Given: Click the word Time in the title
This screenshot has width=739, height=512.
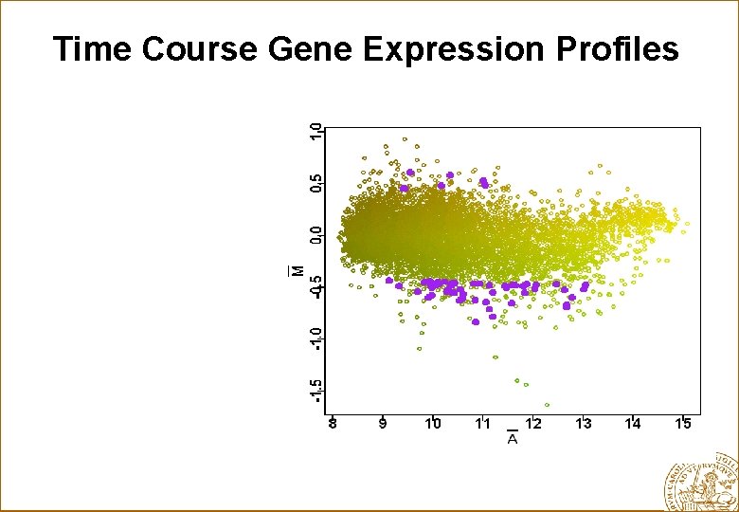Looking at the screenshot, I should [93, 48].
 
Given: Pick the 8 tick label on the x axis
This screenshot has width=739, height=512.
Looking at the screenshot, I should [332, 424].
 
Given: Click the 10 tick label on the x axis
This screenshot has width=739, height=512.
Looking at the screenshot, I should [433, 424].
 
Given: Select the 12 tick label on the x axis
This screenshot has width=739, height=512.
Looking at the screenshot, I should [533, 424].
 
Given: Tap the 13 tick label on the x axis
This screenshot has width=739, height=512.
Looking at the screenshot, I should [584, 424].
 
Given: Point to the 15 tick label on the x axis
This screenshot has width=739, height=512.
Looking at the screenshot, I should [683, 424].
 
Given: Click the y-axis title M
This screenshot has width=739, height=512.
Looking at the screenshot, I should [297, 270].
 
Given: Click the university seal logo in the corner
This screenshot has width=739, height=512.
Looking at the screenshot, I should [702, 480].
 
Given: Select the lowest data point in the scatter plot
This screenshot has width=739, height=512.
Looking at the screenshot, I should [547, 405].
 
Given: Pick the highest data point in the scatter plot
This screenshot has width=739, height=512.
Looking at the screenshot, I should [405, 138].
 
